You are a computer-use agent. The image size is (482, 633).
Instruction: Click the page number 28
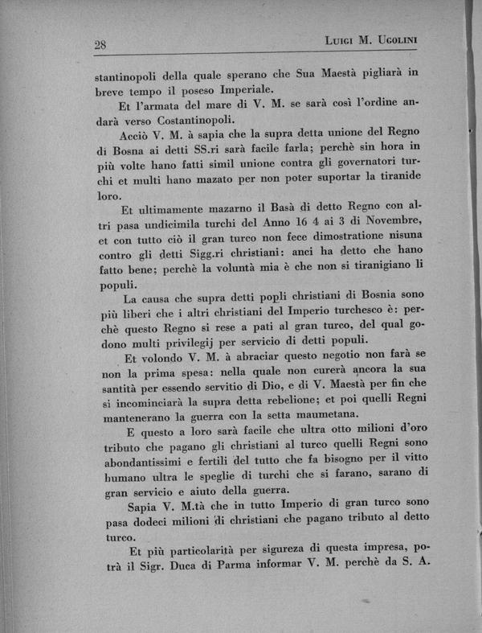tap(100, 45)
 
